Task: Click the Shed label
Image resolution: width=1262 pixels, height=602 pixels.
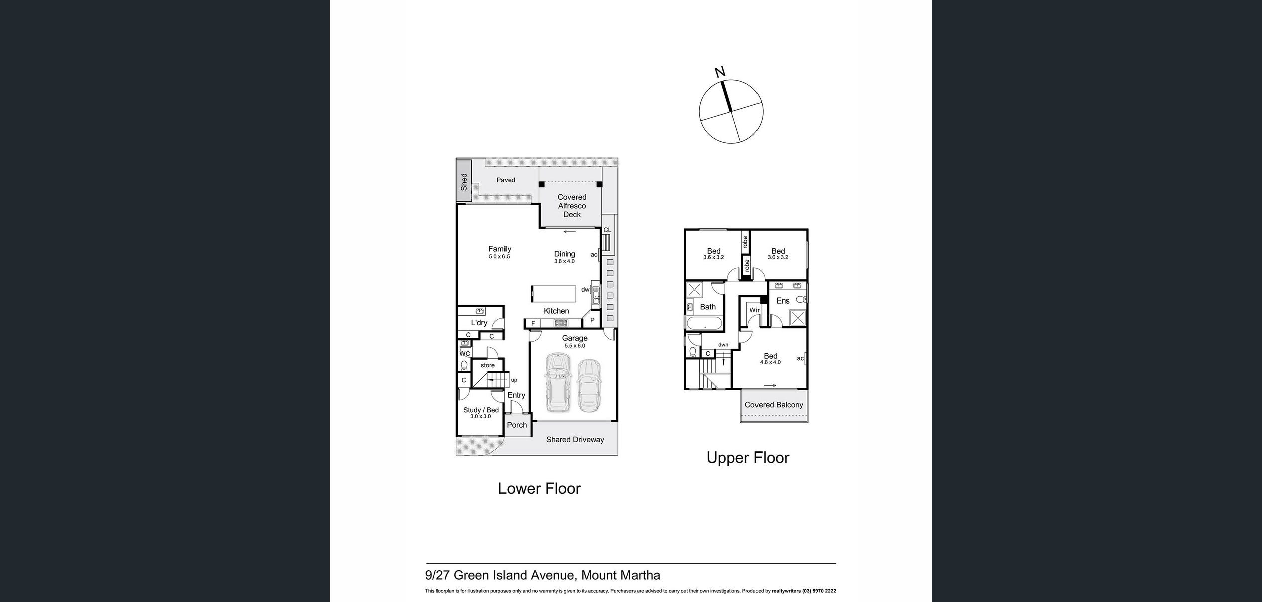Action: tap(464, 182)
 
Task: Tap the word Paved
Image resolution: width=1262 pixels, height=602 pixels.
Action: tap(506, 180)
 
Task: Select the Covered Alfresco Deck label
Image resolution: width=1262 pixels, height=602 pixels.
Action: tap(572, 206)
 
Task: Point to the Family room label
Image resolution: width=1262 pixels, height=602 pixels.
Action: tap(499, 249)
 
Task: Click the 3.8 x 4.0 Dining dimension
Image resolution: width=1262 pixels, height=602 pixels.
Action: tap(564, 261)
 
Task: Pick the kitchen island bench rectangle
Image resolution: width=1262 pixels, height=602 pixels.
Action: tap(553, 293)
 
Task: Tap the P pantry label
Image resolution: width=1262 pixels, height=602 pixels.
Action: tap(592, 320)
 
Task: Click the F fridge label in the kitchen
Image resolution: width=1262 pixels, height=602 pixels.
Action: tap(533, 324)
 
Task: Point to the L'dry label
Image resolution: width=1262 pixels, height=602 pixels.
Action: tap(479, 323)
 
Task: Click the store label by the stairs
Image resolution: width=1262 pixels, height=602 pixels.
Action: tap(487, 365)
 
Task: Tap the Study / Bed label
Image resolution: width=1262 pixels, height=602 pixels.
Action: tap(481, 410)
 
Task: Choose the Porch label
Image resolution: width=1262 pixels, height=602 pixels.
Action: tap(517, 425)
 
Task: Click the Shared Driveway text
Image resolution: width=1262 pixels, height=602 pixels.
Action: tap(575, 440)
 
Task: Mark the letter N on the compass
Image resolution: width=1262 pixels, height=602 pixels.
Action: tap(720, 72)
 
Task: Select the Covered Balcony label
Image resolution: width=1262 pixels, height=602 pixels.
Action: tap(774, 405)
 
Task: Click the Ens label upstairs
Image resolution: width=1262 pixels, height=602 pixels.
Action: tap(783, 301)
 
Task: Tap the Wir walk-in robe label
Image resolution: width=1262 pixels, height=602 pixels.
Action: tap(754, 310)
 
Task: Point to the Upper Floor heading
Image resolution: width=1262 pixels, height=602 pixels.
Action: tap(747, 458)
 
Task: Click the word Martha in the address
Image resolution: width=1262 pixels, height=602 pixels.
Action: tap(641, 575)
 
